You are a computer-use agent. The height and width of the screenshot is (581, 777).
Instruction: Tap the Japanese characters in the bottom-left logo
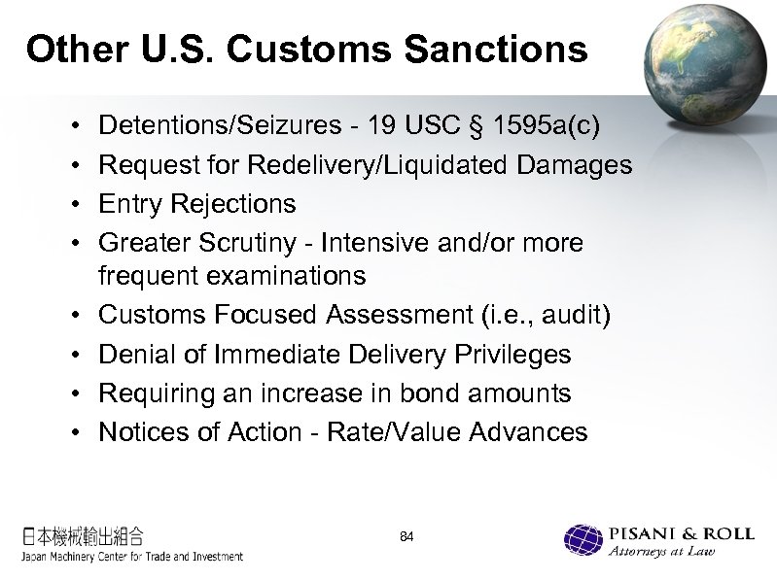(x=84, y=535)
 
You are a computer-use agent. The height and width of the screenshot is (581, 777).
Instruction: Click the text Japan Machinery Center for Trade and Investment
(x=132, y=557)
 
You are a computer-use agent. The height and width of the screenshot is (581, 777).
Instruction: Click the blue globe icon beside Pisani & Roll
(x=583, y=540)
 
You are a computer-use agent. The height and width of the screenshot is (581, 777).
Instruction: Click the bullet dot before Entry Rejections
(x=75, y=205)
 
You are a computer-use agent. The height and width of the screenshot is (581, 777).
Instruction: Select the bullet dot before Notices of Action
(x=75, y=432)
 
